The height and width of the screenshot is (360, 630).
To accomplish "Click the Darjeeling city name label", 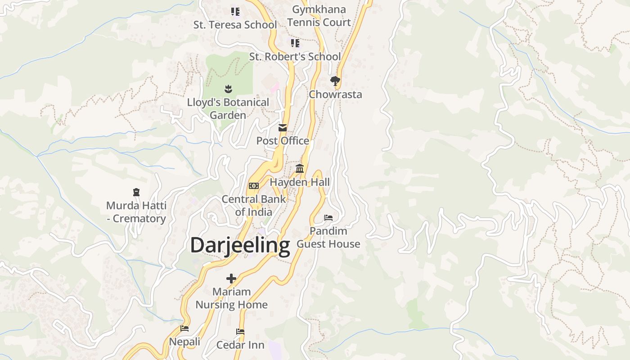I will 240,246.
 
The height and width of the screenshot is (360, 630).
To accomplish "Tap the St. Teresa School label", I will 235,25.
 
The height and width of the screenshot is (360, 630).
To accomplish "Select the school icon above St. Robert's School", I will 295,43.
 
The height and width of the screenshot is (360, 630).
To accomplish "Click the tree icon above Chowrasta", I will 335,81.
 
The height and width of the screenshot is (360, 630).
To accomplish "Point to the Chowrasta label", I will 335,94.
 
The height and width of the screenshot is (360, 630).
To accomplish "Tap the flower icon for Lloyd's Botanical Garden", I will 228,89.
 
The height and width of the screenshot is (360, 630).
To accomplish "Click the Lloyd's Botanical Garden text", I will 228,108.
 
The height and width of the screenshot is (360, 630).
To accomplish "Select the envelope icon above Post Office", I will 283,128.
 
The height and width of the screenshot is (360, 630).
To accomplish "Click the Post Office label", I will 283,141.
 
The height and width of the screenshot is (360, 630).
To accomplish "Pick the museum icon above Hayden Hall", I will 300,169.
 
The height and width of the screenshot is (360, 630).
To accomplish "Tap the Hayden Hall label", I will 300,182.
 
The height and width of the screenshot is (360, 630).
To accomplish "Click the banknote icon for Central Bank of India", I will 254,186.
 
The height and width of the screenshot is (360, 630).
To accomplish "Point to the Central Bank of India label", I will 254,205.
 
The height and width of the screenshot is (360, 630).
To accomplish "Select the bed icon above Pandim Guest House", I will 328,218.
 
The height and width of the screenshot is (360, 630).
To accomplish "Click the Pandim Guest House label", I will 328,237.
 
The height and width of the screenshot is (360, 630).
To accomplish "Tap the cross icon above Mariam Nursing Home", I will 231,279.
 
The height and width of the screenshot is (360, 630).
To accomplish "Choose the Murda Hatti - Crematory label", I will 136,212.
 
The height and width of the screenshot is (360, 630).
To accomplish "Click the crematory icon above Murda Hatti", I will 136,192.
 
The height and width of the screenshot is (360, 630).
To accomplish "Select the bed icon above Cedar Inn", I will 240,332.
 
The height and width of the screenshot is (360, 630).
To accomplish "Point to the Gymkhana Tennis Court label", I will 319,16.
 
